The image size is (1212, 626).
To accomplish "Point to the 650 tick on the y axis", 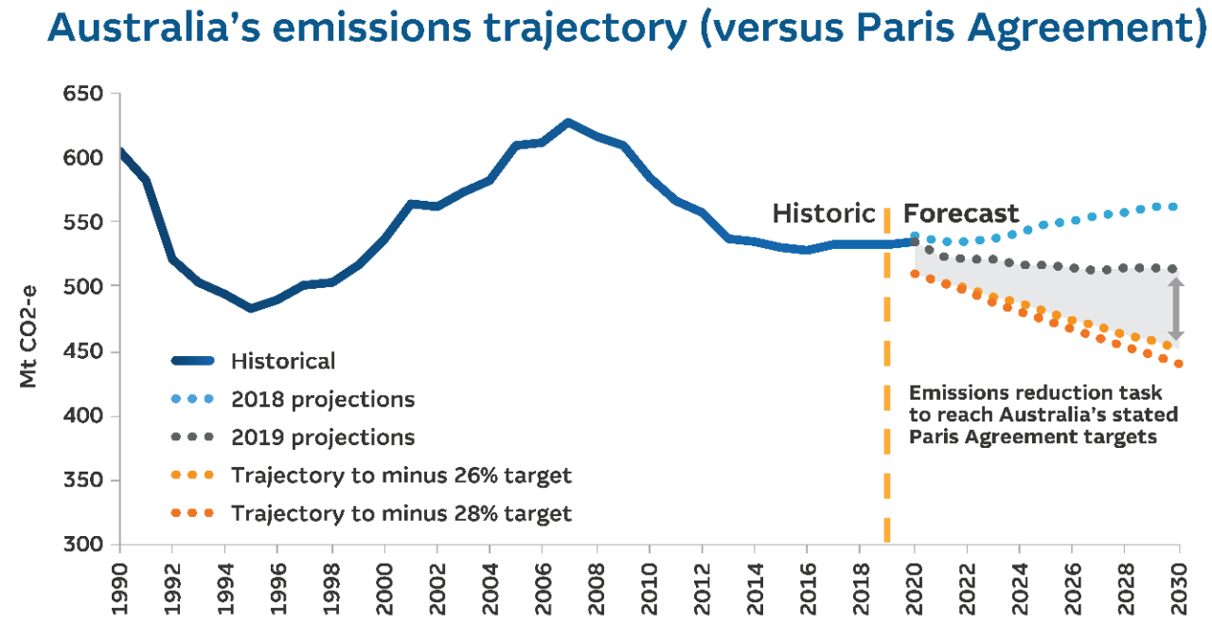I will [84, 94].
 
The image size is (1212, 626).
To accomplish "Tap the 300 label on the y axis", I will [84, 545].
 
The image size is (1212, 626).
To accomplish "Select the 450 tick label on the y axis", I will [84, 352].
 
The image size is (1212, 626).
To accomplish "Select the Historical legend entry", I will [282, 361].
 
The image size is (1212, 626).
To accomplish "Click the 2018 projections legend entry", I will [322, 399].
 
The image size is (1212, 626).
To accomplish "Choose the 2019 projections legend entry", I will [322, 438].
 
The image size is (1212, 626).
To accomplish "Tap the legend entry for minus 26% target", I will [401, 475].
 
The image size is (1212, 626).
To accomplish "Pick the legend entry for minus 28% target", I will [401, 514].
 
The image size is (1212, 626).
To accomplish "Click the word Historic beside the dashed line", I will [824, 214].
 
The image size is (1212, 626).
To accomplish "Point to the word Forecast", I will [960, 214].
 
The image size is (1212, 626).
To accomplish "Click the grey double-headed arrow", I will [1175, 309].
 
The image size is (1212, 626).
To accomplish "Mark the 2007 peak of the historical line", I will [567, 122].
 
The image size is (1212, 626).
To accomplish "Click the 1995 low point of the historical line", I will [251, 308].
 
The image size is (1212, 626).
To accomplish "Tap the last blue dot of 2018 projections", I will [1173, 206].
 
